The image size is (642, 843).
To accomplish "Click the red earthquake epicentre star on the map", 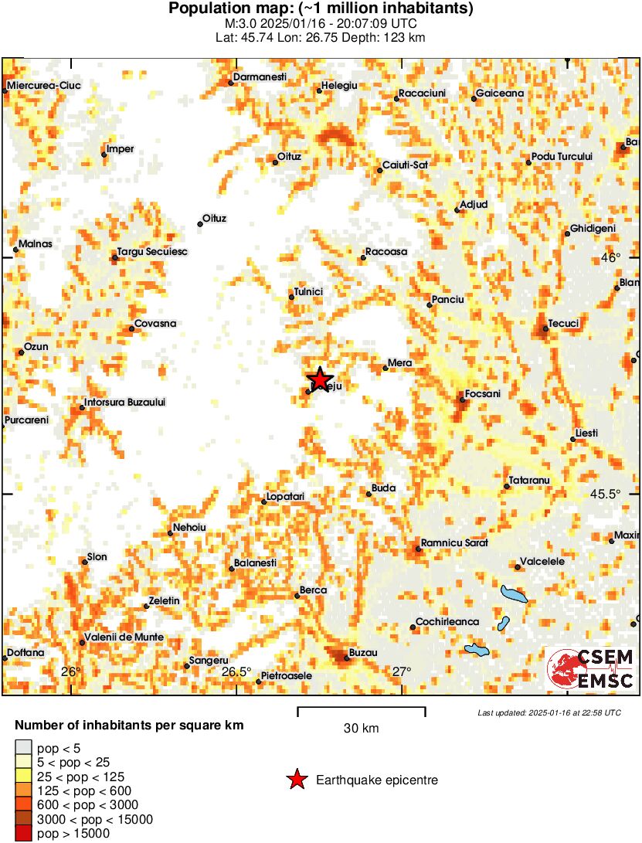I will click(x=319, y=378).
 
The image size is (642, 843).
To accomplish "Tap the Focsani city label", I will click(x=483, y=394).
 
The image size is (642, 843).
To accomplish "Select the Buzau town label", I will click(x=363, y=653).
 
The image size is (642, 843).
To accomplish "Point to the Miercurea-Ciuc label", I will click(x=45, y=86).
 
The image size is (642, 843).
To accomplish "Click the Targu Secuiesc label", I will click(x=152, y=252).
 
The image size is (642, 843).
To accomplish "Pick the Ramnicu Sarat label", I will click(x=454, y=543).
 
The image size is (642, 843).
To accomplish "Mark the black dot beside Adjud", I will click(x=457, y=210).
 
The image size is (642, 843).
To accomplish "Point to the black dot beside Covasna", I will click(x=131, y=329).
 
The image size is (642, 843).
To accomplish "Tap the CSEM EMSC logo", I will click(x=590, y=669).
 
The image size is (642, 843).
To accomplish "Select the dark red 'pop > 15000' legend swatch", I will click(x=24, y=833).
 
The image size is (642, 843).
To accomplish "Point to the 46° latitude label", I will click(x=610, y=257).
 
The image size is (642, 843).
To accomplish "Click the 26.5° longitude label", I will click(x=236, y=671).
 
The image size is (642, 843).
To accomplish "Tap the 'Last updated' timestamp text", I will click(x=549, y=712).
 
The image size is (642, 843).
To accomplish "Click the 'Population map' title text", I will click(x=321, y=9).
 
